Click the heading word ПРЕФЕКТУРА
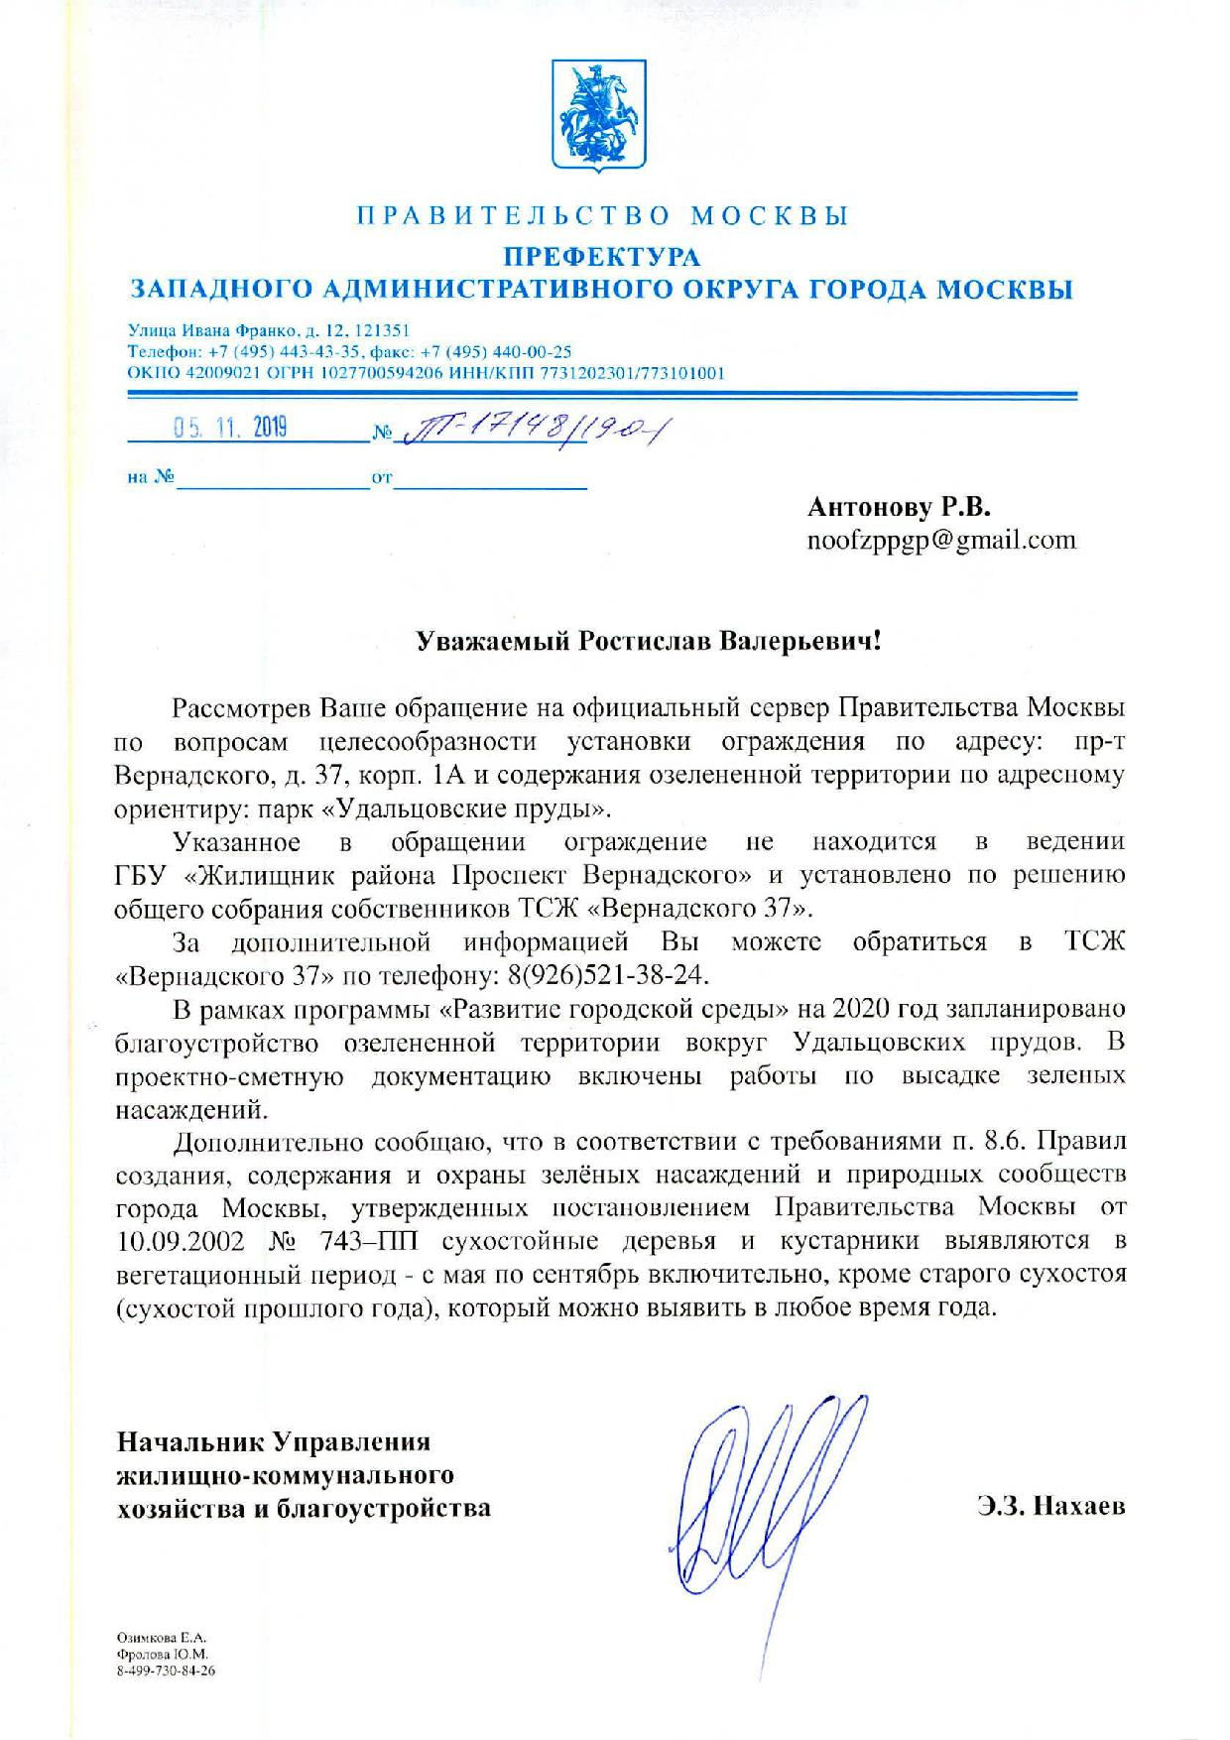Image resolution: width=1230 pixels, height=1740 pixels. click(x=603, y=256)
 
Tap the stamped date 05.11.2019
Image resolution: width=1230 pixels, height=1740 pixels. click(x=230, y=428)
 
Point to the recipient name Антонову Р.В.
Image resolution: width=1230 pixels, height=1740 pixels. click(x=900, y=507)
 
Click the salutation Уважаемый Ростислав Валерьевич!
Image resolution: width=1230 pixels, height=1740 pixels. click(x=647, y=641)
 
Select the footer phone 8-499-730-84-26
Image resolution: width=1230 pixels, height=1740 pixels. click(x=167, y=1671)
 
